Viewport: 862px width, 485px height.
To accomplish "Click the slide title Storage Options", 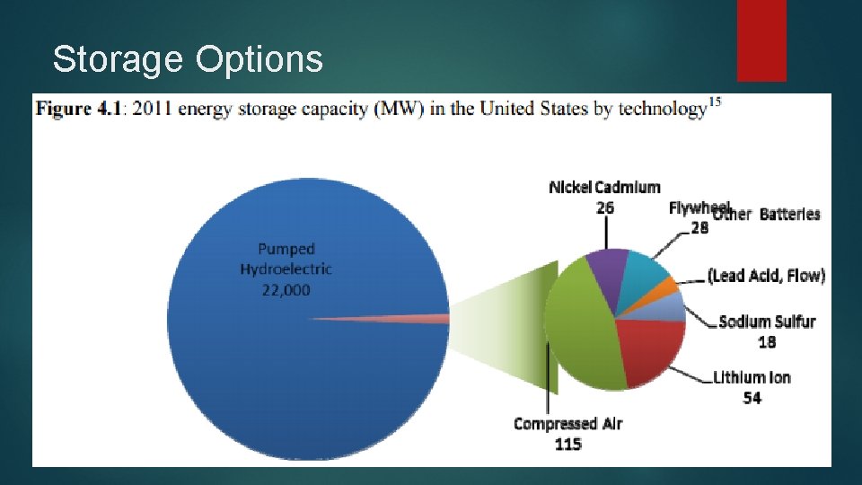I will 187,59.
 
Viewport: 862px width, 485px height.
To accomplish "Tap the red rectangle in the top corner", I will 761,40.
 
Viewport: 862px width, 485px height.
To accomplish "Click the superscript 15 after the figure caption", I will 715,100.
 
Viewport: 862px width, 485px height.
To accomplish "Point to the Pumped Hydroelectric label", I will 286,259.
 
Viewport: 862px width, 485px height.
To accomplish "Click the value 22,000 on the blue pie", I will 286,290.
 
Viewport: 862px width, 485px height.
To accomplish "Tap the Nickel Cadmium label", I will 604,188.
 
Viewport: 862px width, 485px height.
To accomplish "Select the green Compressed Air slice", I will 579,332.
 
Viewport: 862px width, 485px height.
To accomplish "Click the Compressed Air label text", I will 567,424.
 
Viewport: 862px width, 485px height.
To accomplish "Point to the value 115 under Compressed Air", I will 567,444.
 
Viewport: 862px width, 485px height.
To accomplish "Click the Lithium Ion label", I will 752,377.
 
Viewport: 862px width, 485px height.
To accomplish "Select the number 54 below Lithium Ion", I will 752,397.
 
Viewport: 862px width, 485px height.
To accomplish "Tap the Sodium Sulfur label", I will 767,322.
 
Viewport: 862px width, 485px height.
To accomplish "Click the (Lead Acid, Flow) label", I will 766,276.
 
